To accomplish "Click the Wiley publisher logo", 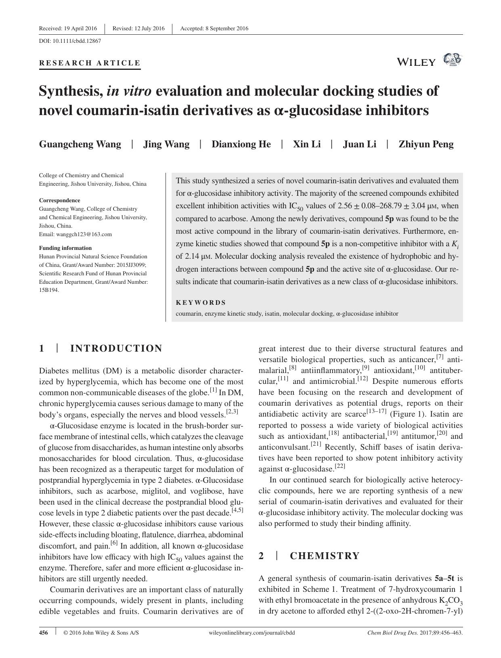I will point(416,62).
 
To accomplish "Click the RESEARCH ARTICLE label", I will point(90,63).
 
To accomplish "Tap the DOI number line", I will point(70,41).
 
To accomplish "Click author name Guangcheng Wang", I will point(80,145).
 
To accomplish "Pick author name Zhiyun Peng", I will point(426,145).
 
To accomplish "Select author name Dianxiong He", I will point(241,145).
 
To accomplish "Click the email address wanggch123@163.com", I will point(75,234).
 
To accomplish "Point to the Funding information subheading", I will point(65,248).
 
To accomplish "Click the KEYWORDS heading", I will point(201,302).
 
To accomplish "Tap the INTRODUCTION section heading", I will point(116,348).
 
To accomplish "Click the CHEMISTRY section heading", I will point(325,556).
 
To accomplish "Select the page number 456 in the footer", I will point(44,633).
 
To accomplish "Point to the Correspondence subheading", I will point(59,200).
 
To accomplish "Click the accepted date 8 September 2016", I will point(214,28).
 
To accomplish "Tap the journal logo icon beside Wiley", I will point(452,60).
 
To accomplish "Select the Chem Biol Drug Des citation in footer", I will point(415,633).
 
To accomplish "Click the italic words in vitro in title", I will point(129,91).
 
